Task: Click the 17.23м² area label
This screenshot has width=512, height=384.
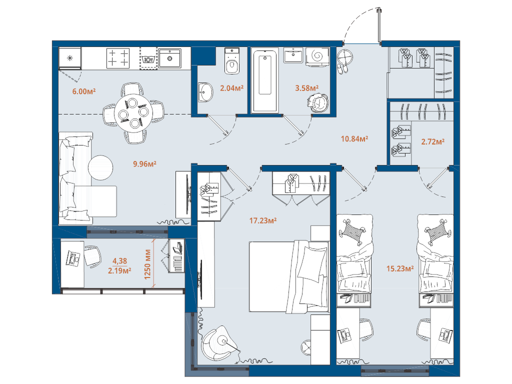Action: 262,220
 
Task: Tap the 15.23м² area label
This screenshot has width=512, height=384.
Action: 399,269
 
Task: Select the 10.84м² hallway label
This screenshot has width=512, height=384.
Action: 354,138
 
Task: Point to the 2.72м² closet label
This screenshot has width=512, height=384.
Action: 432,142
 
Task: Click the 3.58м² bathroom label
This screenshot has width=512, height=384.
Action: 306,88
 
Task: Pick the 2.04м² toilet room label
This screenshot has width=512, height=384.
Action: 231,88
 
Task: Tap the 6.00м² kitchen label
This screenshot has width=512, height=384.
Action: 84,91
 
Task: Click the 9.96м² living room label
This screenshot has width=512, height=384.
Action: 145,163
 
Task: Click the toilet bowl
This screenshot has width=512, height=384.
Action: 231,64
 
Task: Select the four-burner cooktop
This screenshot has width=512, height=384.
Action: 118,57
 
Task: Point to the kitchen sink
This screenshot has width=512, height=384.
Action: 170,57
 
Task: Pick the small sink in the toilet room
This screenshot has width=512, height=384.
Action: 205,92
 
